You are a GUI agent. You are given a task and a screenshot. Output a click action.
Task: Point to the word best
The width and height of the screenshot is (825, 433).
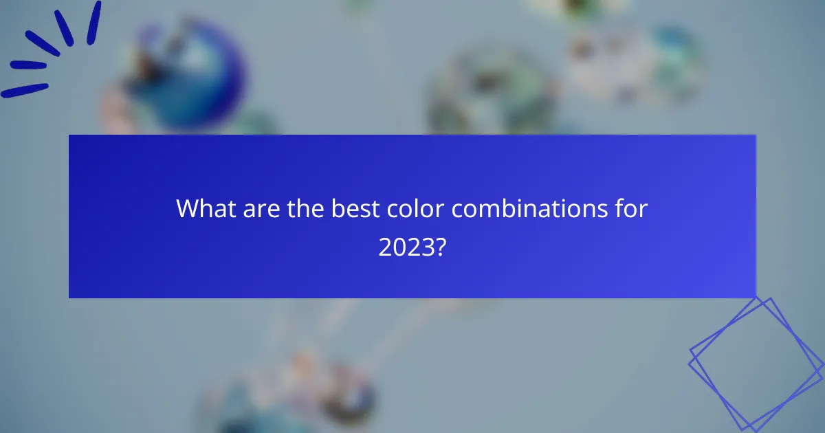[353, 208]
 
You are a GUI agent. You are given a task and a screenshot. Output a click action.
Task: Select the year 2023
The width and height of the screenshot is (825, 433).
[406, 247]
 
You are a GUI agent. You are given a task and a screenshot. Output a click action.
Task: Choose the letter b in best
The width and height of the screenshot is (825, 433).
[338, 208]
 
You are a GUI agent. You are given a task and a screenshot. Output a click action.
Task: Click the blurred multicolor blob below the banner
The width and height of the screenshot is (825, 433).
[302, 392]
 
